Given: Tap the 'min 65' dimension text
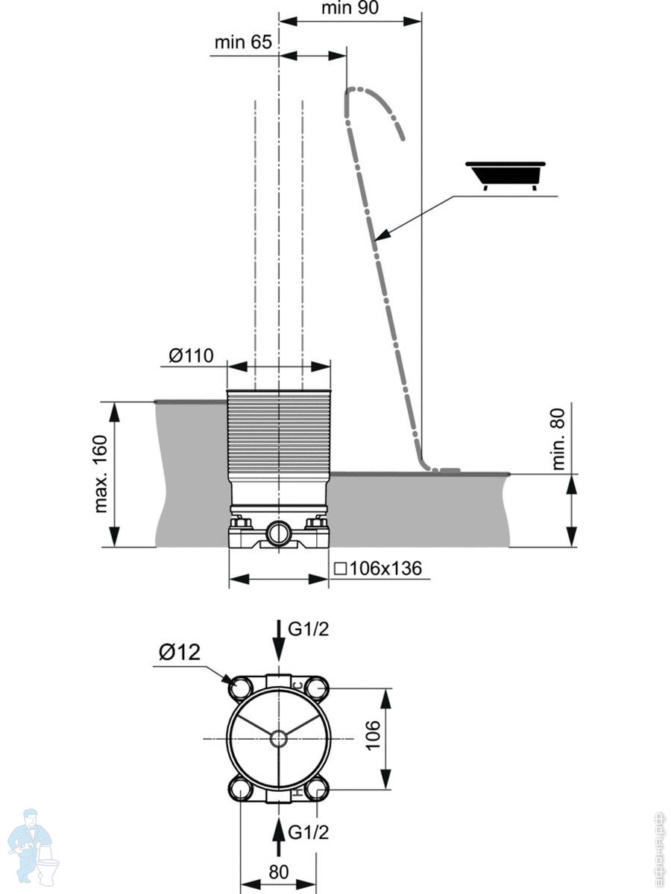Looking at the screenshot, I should (243, 42).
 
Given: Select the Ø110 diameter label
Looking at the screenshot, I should (191, 356).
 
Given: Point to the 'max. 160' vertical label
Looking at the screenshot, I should (102, 474).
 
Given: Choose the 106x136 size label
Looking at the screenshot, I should (378, 569).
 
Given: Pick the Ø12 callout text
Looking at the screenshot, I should (179, 653).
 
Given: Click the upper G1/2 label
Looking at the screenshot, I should (309, 630).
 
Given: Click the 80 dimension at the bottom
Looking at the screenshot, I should (278, 872).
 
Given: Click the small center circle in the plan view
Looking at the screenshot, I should (278, 738).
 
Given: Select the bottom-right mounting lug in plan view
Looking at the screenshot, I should (317, 788).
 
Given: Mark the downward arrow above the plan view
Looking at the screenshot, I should (278, 641).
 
